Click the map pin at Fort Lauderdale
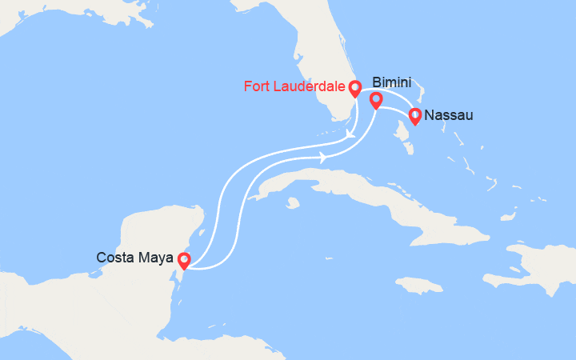pos(355,87)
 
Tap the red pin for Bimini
pos(375,100)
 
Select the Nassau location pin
pos(415,116)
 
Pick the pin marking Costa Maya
pos(184,260)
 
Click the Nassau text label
pos(449,115)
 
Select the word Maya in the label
pos(155,258)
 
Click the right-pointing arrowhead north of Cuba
pos(323,158)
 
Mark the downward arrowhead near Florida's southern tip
pos(350,143)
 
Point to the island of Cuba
pos(376,192)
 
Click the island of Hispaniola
pos(528,268)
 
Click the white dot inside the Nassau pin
pos(415,114)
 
